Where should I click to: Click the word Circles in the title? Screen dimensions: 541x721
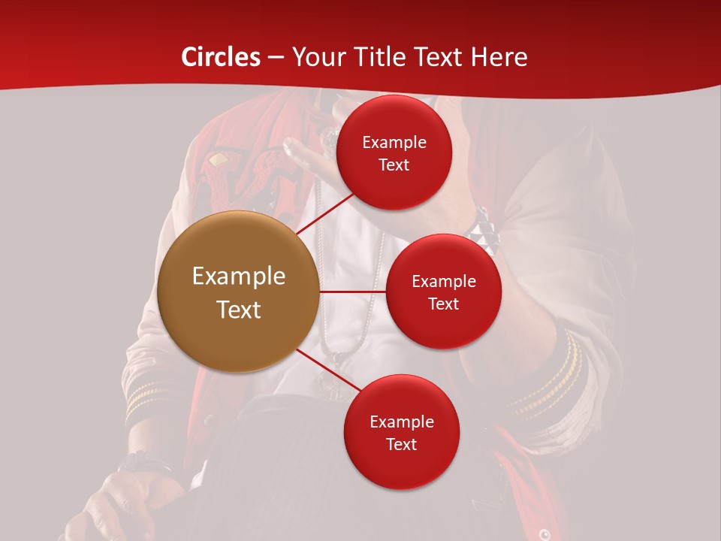tap(221, 57)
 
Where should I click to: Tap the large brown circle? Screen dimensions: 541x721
tap(238, 292)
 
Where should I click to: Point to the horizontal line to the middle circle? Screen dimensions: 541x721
tap(352, 292)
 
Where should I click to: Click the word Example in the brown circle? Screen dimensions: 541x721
tap(238, 277)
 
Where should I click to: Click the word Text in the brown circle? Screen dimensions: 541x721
tap(238, 310)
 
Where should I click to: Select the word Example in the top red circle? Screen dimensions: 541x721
tap(394, 143)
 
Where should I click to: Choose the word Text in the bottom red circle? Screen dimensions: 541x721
tap(402, 444)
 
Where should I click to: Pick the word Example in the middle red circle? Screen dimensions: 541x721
tap(443, 282)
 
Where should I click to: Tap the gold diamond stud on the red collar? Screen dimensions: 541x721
tap(217, 159)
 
